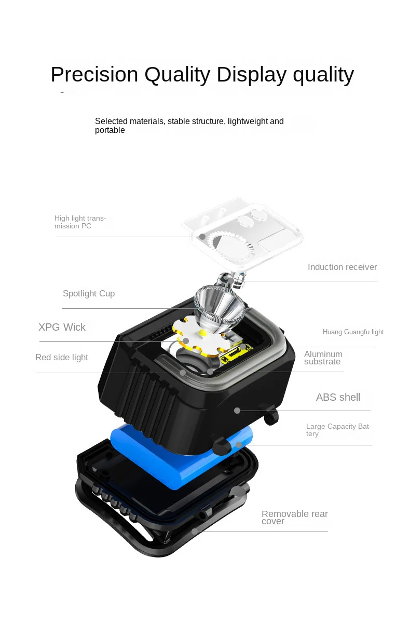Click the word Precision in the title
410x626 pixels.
94,75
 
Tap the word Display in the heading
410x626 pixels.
251,75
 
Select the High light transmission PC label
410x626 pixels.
80,222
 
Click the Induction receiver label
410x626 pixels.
342,267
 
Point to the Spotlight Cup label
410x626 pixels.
89,294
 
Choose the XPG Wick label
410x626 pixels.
62,328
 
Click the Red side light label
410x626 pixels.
61,358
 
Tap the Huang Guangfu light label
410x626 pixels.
353,332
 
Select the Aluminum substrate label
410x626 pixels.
323,358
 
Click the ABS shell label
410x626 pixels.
338,398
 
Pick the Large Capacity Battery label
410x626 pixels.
338,430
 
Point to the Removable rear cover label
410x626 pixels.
294,518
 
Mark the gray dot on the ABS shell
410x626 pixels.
237,411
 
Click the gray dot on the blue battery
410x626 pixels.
239,445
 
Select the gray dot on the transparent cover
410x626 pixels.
202,237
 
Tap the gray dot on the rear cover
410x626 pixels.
195,531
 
